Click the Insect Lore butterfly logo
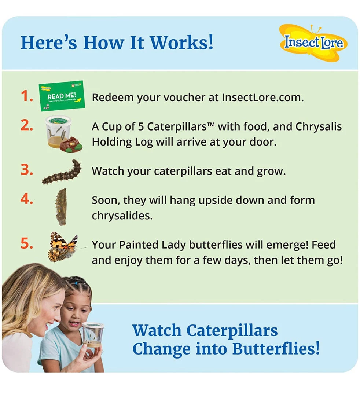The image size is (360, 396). (313, 43)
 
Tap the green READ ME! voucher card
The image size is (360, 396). (62, 96)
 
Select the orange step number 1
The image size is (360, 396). (27, 96)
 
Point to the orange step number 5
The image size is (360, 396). (27, 243)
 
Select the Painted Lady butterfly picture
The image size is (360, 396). (63, 247)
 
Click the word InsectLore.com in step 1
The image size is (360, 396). (263, 98)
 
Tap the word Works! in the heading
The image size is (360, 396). (182, 43)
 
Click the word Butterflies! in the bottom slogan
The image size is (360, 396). (276, 349)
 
